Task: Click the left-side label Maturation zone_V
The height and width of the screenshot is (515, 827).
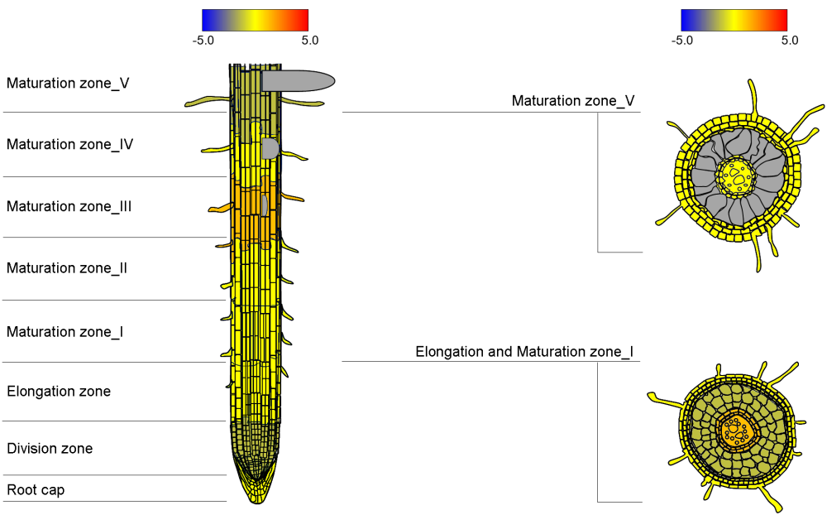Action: click(x=68, y=83)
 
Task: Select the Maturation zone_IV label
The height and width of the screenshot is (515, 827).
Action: click(x=70, y=144)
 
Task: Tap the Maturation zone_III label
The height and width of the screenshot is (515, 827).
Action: click(x=69, y=206)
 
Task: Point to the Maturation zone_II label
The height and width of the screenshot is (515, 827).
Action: click(x=67, y=267)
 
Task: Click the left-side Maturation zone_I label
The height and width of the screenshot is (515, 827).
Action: click(x=65, y=331)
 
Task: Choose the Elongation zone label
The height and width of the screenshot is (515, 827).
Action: click(x=59, y=391)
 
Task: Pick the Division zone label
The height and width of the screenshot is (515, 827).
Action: click(x=50, y=448)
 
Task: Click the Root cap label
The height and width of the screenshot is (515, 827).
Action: click(x=36, y=489)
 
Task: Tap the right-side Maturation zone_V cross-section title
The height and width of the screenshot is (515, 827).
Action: click(x=573, y=100)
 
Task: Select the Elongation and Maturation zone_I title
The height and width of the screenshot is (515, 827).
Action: click(x=524, y=352)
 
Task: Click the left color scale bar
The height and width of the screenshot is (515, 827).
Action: click(x=255, y=20)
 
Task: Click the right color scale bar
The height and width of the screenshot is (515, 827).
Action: click(x=734, y=20)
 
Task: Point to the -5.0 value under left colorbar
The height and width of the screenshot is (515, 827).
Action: click(x=203, y=40)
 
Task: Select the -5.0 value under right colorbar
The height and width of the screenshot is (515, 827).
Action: click(x=682, y=40)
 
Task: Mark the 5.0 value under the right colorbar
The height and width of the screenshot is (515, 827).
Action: click(x=789, y=40)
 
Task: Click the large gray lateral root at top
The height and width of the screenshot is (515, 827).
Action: click(x=298, y=80)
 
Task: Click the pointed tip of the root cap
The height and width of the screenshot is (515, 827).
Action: click(x=256, y=500)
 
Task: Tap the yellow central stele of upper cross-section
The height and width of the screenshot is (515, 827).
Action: click(x=737, y=176)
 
